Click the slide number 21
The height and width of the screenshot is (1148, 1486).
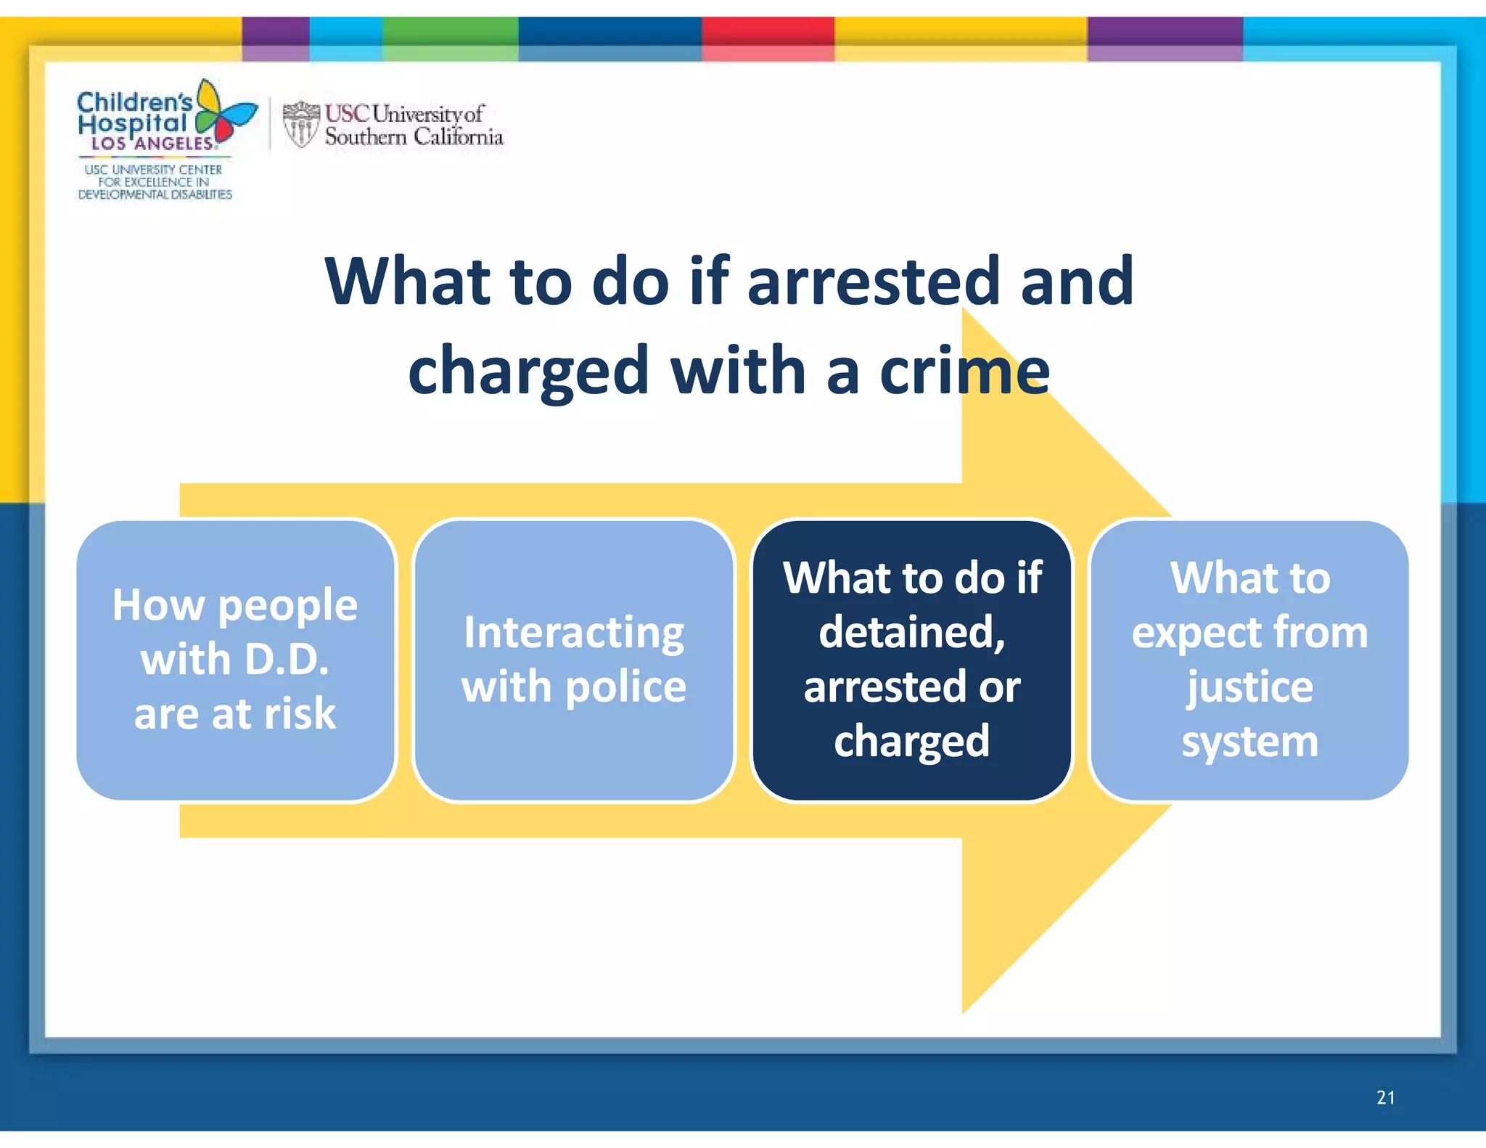tap(1385, 1097)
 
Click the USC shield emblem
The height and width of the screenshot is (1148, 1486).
tap(300, 124)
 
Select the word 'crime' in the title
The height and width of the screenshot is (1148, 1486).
tap(964, 371)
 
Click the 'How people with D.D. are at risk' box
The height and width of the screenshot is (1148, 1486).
tap(236, 660)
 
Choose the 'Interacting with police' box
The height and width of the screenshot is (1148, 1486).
tap(574, 660)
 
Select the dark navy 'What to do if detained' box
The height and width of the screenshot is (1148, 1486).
tap(912, 660)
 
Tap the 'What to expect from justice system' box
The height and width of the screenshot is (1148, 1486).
tap(1249, 660)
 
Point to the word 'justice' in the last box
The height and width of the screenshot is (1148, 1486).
tap(1249, 687)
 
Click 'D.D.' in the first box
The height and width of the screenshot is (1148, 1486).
tap(287, 660)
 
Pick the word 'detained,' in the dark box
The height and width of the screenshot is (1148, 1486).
tap(912, 632)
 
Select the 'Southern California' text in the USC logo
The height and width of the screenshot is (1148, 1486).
tap(414, 136)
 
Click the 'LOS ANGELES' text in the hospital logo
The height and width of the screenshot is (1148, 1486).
tap(152, 144)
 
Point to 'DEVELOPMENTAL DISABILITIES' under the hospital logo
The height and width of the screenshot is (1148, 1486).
tap(155, 194)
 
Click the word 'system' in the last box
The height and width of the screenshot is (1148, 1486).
tap(1249, 742)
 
